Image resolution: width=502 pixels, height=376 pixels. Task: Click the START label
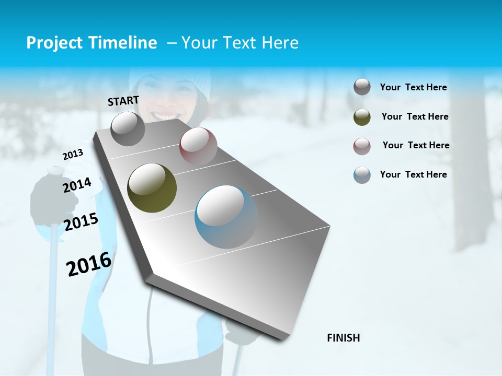tap(123, 101)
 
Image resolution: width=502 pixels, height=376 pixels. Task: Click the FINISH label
tap(344, 338)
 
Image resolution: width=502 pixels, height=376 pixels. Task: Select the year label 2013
tap(73, 155)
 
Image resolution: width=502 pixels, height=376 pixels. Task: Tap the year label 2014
tap(77, 185)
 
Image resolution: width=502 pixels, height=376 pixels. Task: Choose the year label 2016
tap(89, 264)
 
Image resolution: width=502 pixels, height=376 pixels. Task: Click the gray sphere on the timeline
tap(128, 129)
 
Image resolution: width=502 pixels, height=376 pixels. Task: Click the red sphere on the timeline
tap(198, 146)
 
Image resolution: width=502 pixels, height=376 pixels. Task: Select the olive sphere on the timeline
tap(152, 188)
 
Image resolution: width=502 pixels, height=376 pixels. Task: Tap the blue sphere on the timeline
tap(226, 217)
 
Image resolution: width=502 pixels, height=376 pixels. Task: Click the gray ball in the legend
tap(362, 87)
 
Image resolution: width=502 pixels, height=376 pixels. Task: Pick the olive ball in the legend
tap(362, 116)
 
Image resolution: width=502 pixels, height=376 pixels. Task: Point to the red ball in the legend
tap(362, 146)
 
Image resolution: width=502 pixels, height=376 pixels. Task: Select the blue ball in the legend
tap(362, 175)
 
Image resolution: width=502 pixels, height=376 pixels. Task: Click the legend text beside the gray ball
tap(413, 88)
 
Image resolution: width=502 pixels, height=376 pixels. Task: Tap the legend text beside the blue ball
tap(413, 174)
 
